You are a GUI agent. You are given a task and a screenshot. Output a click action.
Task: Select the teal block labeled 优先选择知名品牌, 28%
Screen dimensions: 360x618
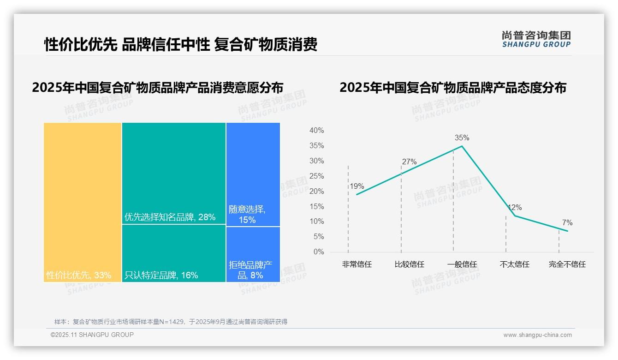(x=174, y=173)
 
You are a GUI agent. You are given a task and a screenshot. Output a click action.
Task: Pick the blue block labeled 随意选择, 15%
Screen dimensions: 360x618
(x=253, y=174)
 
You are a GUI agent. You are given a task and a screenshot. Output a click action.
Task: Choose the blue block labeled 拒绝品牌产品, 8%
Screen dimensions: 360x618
(x=253, y=254)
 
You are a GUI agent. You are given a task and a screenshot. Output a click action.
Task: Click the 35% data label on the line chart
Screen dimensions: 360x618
(x=462, y=138)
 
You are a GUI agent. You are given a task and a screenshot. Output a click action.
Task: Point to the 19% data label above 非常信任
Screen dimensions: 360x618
(x=357, y=186)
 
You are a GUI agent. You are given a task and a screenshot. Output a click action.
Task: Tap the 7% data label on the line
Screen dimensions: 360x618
(x=567, y=223)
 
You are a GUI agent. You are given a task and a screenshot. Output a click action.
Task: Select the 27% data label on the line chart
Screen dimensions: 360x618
(x=409, y=162)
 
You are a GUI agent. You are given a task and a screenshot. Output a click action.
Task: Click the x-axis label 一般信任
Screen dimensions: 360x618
(x=462, y=264)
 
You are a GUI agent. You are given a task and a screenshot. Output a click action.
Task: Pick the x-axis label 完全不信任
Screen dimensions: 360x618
(x=567, y=264)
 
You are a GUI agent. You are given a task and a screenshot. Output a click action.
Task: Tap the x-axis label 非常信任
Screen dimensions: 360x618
(x=357, y=264)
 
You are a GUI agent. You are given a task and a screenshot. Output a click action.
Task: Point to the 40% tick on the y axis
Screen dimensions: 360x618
(x=316, y=131)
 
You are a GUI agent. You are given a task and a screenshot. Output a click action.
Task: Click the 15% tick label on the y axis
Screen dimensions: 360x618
(x=316, y=206)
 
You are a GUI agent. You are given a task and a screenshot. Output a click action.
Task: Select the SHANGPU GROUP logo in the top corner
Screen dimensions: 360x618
(x=536, y=39)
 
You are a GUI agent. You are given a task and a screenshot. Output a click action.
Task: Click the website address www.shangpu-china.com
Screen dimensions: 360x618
(x=537, y=335)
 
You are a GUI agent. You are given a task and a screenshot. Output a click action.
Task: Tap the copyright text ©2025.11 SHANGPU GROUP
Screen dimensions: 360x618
(x=92, y=335)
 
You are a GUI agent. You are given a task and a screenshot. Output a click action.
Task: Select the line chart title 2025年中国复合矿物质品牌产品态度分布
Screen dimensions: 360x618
(x=452, y=88)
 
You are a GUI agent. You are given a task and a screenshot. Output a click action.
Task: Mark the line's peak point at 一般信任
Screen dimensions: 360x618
(x=462, y=146)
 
